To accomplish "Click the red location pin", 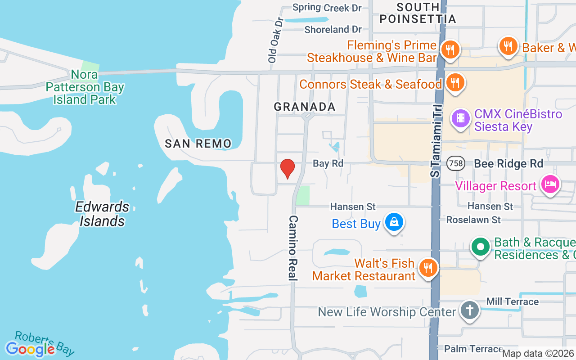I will [x=287, y=169].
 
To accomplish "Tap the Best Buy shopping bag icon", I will [x=394, y=222].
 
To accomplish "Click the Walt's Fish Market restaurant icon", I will [x=427, y=268].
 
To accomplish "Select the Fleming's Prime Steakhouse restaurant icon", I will [x=449, y=49].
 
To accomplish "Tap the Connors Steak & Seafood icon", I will [x=455, y=83].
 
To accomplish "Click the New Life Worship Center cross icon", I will [x=469, y=310].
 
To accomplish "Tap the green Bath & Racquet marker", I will [x=481, y=247].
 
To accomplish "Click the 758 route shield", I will [x=456, y=163].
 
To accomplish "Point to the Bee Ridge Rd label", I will [x=508, y=163].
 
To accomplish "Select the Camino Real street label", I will [x=293, y=247].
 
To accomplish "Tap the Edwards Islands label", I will [x=102, y=214].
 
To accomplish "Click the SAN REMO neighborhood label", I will [x=198, y=144].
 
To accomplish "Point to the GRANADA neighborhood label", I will [x=305, y=107].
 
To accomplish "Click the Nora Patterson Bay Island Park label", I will [x=85, y=87].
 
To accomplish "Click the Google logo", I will [x=30, y=349].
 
